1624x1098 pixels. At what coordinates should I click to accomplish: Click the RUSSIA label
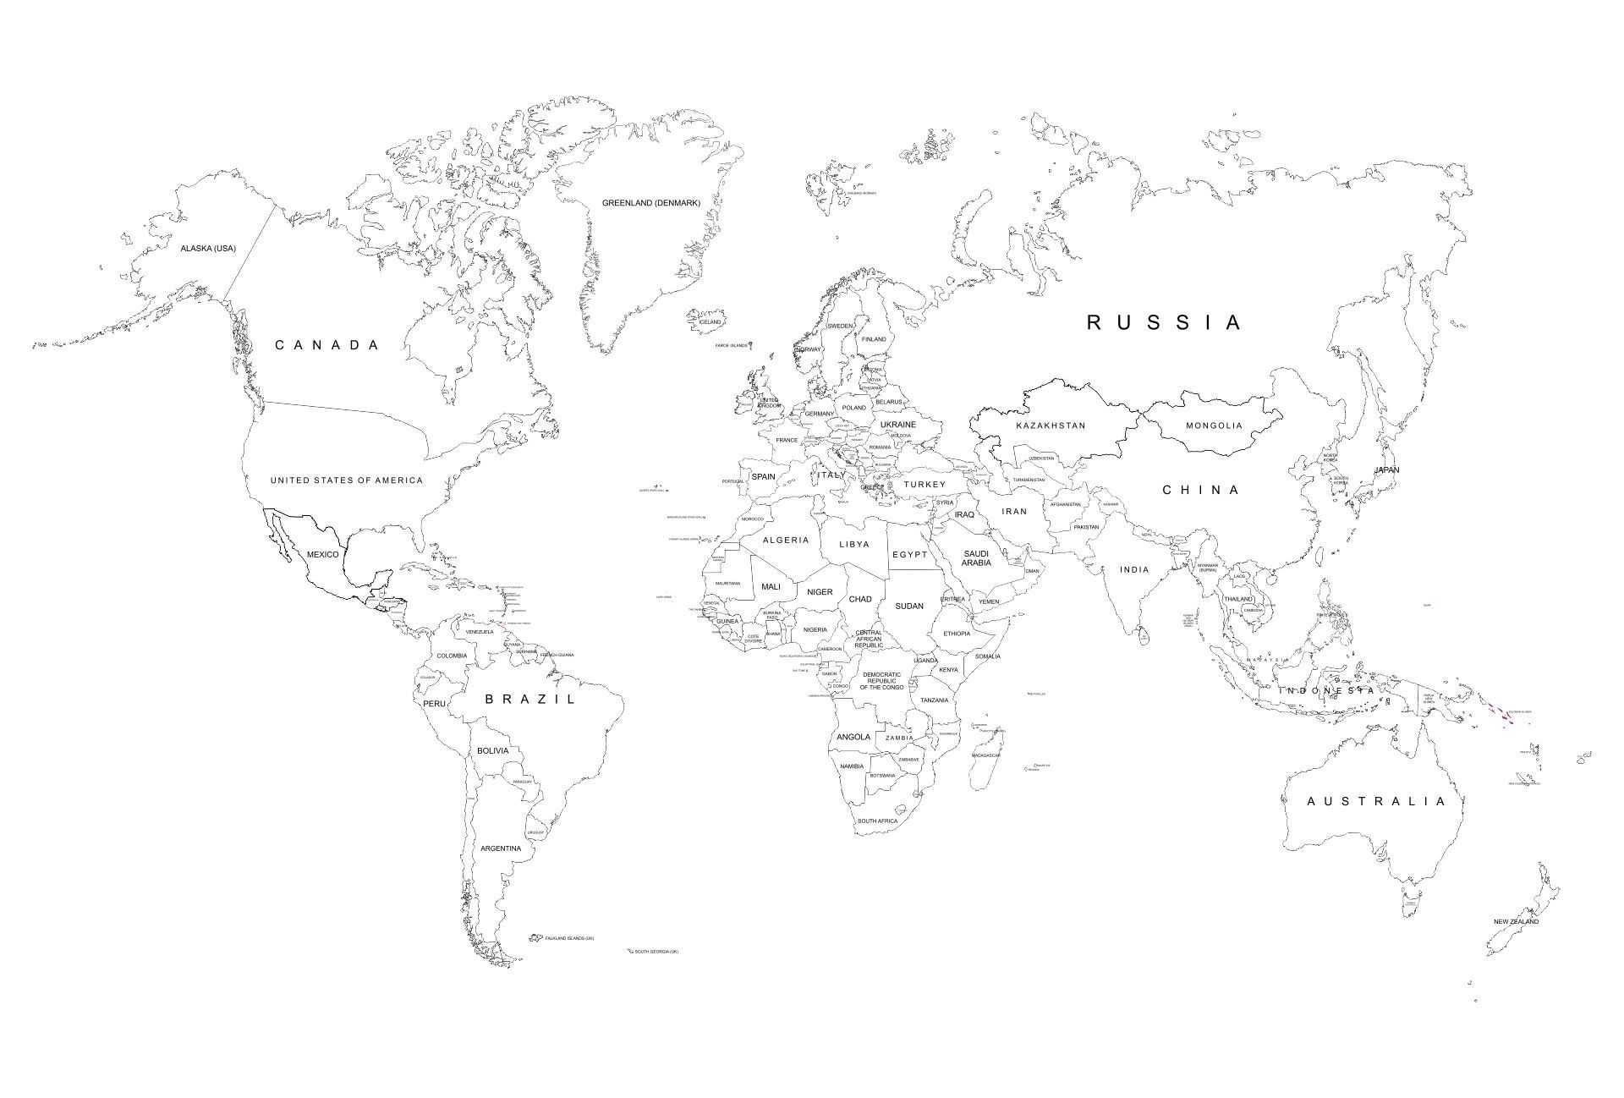point(1164,322)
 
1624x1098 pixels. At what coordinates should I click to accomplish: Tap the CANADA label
point(326,345)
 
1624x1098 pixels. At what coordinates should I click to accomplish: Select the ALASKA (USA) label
point(208,248)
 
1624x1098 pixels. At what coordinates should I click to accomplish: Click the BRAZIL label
point(530,699)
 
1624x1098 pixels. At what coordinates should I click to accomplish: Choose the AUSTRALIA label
point(1376,801)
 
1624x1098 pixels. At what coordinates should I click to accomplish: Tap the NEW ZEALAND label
point(1516,921)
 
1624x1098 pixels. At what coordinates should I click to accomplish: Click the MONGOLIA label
point(1214,425)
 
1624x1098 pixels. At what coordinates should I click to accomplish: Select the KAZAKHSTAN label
point(1051,425)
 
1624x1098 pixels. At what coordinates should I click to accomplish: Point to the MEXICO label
point(322,555)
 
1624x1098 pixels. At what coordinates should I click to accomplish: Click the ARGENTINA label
point(501,848)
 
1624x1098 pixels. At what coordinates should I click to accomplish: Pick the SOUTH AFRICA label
point(877,821)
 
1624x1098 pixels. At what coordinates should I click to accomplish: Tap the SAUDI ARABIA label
point(976,558)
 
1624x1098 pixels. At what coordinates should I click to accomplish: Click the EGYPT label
point(910,555)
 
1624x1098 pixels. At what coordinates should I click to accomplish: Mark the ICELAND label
point(710,322)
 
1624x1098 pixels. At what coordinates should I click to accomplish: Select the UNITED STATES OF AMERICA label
point(347,480)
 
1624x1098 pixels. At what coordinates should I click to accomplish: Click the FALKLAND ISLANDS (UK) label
point(569,938)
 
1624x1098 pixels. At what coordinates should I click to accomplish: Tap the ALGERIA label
point(786,540)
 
